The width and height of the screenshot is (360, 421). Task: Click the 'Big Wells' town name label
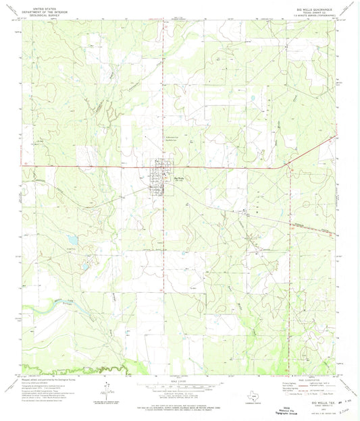(x=179, y=178)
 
